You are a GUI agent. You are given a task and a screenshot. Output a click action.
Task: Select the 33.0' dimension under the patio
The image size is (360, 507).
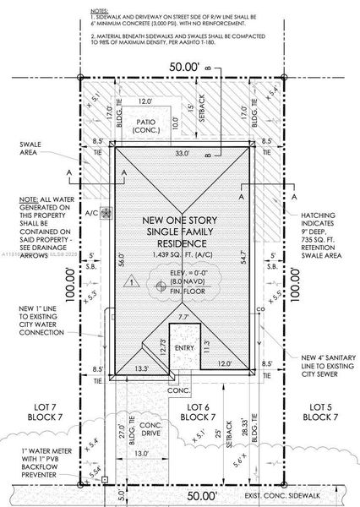click(181, 153)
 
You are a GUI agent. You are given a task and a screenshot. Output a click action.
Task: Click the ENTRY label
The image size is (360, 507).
click(183, 346)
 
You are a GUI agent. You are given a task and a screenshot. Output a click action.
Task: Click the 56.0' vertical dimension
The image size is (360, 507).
click(121, 259)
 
